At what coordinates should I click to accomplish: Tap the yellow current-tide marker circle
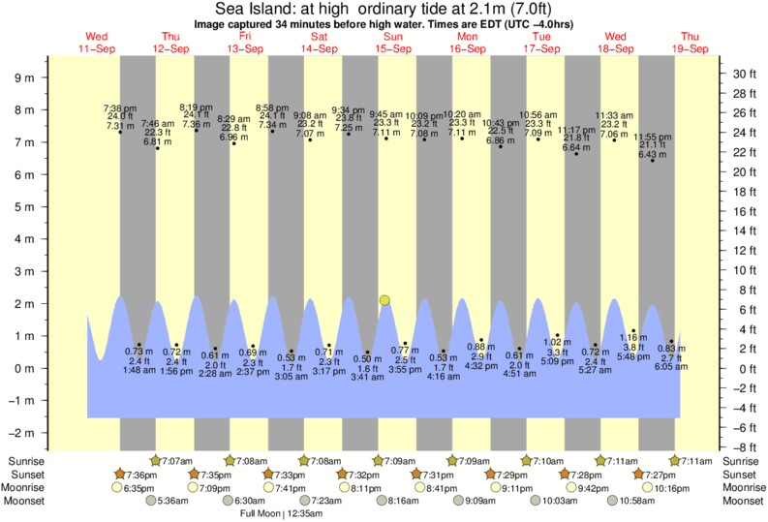(385, 300)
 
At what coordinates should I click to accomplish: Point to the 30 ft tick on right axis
(742, 74)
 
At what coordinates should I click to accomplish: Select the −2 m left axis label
(22, 433)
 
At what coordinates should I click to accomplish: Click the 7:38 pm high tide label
(120, 107)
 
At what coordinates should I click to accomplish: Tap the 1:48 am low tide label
(139, 369)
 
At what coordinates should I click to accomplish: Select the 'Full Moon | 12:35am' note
(283, 512)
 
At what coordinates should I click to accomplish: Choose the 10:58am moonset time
(637, 500)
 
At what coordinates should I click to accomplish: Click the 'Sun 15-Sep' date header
(392, 43)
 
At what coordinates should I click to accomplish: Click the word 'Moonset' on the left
(27, 500)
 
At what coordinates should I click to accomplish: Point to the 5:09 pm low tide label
(557, 361)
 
